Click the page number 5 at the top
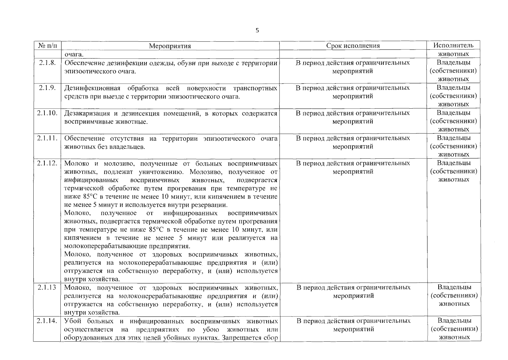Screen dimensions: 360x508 257,31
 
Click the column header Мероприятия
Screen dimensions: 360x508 170,46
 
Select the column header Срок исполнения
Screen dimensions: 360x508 353,46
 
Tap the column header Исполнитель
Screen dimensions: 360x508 453,45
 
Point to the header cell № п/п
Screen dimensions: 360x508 47,46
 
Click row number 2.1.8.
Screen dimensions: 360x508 47,63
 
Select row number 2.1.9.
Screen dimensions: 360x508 47,88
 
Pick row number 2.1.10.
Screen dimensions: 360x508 47,113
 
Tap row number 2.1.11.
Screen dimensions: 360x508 47,138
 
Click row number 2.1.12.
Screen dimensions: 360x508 47,163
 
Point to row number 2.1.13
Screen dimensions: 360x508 47,287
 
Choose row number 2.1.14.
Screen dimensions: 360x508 47,321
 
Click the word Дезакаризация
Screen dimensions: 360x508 87,113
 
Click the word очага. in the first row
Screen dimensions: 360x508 74,55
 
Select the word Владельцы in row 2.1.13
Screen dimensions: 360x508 454,287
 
